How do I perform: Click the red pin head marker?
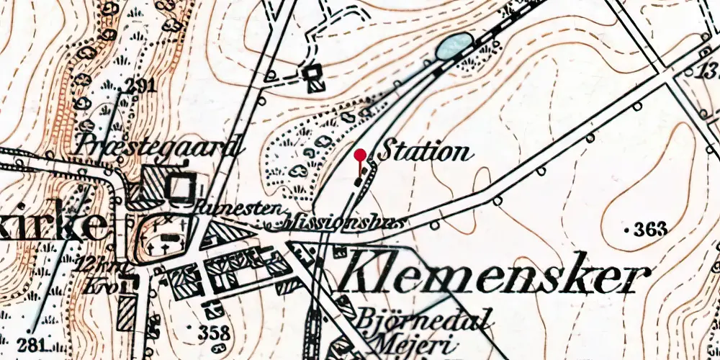click(360, 154)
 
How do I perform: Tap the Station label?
click(424, 152)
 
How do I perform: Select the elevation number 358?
click(214, 333)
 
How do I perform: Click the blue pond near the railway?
click(454, 46)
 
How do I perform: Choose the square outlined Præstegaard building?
click(178, 187)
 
